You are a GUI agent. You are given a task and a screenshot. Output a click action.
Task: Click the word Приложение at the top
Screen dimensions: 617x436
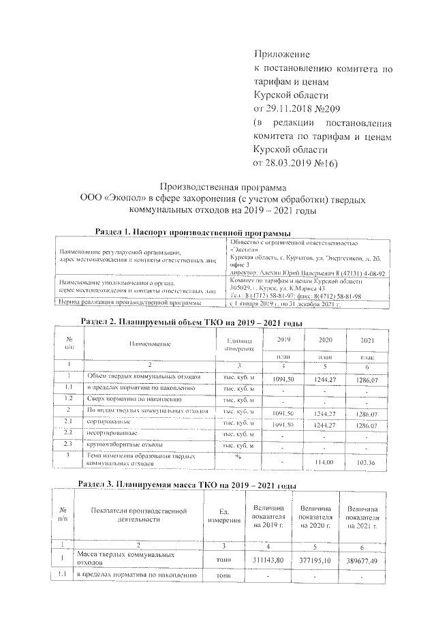click(x=281, y=54)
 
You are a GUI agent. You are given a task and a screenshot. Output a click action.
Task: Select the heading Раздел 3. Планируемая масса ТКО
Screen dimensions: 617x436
click(x=187, y=485)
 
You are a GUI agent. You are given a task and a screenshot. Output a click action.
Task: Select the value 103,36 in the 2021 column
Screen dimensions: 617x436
click(x=365, y=462)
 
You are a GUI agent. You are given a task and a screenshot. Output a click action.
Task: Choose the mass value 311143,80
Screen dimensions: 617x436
click(x=268, y=560)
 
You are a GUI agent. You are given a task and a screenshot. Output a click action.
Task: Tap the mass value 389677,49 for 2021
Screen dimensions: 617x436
click(x=362, y=560)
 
